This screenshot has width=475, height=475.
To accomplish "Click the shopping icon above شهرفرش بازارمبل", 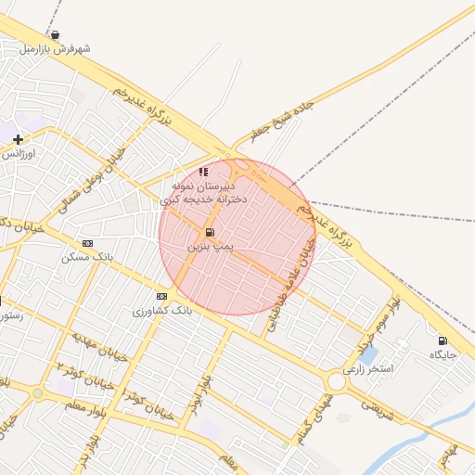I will click(55, 35).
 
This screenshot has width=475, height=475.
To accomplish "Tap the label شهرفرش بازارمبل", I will click(55, 48).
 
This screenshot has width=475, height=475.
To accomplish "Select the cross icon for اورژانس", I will click(18, 139).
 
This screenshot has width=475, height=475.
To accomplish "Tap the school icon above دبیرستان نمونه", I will click(203, 172).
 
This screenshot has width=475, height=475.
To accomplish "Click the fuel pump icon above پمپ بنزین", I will click(210, 233).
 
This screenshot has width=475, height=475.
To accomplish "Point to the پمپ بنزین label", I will click(210, 247).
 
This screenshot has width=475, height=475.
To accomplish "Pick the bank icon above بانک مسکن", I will click(87, 243).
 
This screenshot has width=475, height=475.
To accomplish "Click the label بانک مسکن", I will click(87, 257).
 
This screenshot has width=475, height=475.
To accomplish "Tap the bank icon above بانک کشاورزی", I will click(162, 297).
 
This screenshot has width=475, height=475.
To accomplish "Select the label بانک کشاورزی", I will click(162, 311).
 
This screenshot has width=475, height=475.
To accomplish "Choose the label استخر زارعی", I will click(368, 368).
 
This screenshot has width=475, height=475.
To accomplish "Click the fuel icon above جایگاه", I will click(442, 341).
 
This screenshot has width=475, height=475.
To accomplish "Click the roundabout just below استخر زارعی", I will click(336, 382).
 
